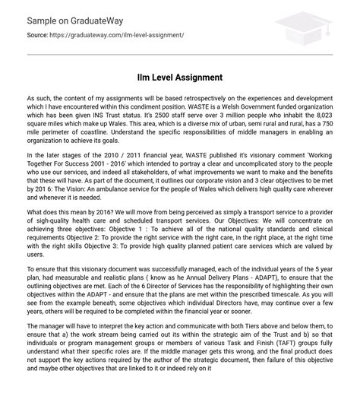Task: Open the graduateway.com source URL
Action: (x=120, y=35)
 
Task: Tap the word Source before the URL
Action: (x=37, y=35)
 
